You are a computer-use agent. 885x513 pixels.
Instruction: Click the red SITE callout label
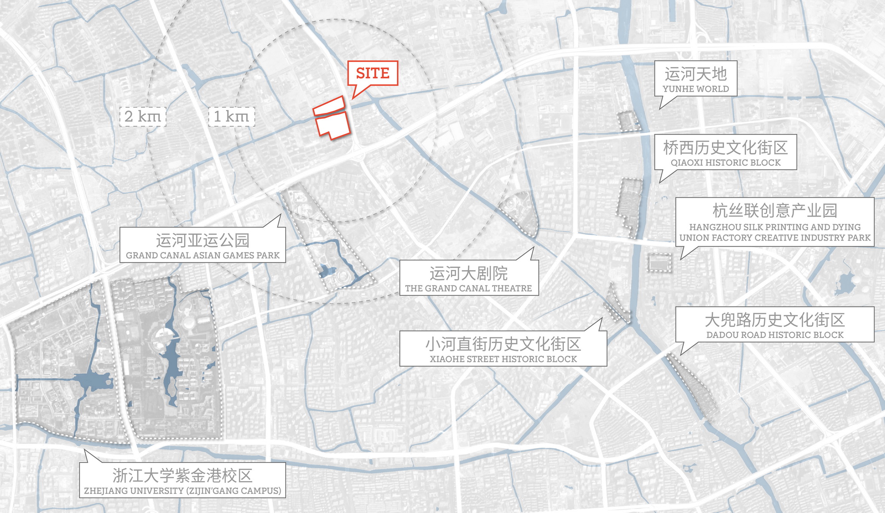point(373,73)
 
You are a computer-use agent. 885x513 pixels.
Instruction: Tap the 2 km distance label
point(143,117)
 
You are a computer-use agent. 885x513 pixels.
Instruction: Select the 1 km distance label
point(231,117)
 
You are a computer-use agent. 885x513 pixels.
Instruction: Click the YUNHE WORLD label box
point(696,79)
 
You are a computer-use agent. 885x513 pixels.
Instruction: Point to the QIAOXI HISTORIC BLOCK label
point(726,152)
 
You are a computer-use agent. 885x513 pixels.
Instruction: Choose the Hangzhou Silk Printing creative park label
point(775,222)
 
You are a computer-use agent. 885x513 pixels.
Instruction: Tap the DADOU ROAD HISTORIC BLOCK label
point(775,324)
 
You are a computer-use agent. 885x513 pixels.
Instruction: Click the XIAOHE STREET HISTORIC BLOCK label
point(503,349)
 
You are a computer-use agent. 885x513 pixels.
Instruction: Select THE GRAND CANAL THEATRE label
point(469,278)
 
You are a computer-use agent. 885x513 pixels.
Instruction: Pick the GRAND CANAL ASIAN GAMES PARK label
point(203,245)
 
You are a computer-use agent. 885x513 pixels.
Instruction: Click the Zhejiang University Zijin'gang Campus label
point(182,480)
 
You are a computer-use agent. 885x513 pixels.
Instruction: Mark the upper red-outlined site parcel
point(329,106)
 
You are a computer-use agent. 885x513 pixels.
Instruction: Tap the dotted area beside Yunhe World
point(629,121)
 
